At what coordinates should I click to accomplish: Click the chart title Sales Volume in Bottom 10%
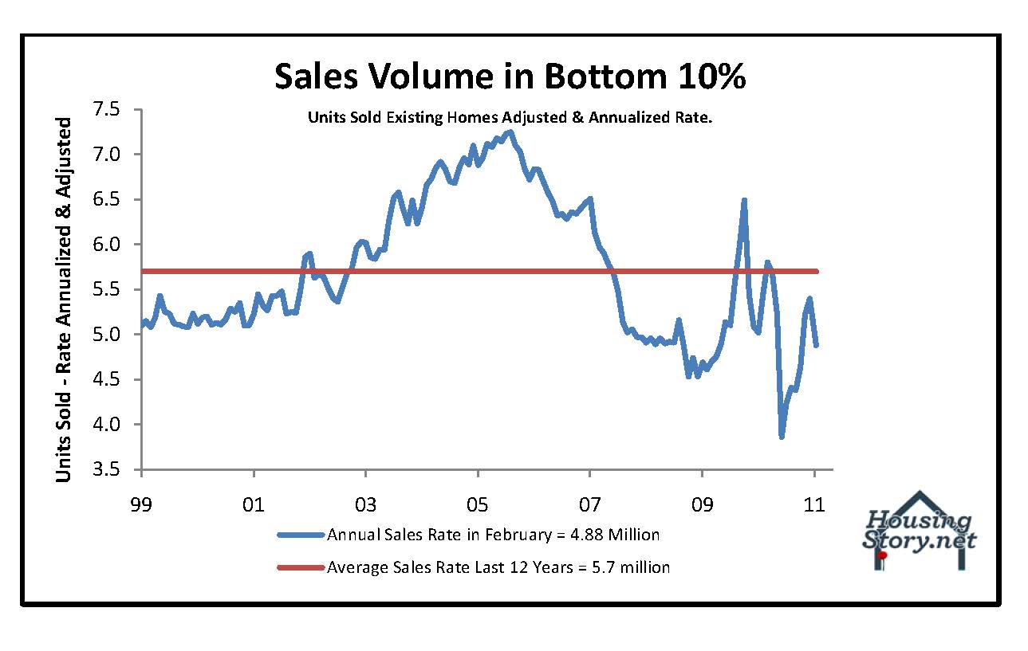[510, 76]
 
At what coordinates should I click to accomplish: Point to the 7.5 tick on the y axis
[116, 109]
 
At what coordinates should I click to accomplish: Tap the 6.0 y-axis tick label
[116, 245]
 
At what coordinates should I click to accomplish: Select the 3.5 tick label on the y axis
[116, 470]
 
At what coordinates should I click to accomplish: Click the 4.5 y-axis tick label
[116, 380]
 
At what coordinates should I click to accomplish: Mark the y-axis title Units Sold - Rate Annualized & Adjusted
[64, 300]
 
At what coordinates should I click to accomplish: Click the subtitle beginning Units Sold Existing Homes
[510, 117]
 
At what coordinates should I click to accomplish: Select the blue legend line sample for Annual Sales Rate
[301, 535]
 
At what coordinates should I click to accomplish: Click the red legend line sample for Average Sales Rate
[301, 567]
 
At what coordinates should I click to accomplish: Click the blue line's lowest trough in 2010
[782, 436]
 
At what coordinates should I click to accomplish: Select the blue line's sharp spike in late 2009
[744, 200]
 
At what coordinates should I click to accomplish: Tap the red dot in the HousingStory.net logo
[883, 555]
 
